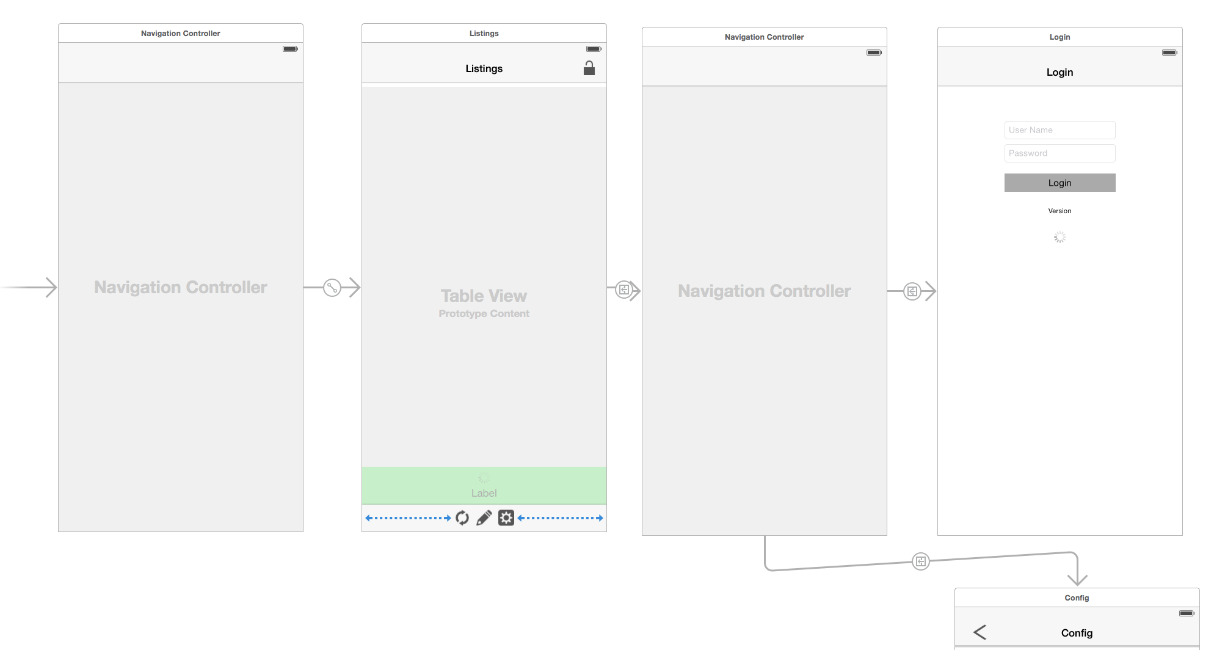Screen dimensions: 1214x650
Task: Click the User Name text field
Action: (x=1060, y=130)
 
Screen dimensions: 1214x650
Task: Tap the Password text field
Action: (x=1060, y=153)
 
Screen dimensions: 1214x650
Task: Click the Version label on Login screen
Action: (x=1060, y=211)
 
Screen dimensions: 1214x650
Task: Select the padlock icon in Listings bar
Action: (x=589, y=68)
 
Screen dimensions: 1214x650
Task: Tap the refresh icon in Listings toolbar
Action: (x=462, y=518)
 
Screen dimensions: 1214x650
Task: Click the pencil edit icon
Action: (x=484, y=518)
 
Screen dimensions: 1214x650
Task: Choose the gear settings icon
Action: (x=506, y=518)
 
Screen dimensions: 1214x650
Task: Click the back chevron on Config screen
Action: (x=980, y=632)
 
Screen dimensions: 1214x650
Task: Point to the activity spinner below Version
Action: (x=1060, y=237)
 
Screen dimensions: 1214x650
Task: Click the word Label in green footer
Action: (x=484, y=493)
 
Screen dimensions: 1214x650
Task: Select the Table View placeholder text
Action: (x=484, y=296)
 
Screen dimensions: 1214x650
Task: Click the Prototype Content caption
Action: (x=484, y=313)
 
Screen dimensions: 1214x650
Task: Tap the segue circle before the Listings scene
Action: (x=332, y=287)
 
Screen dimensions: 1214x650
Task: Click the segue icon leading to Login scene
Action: (x=912, y=291)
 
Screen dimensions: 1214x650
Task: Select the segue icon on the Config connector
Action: (x=920, y=561)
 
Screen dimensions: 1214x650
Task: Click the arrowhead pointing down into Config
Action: (x=1077, y=579)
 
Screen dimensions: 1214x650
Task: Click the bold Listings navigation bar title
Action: (x=484, y=68)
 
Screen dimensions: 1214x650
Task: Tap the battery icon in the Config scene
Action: (x=1186, y=613)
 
